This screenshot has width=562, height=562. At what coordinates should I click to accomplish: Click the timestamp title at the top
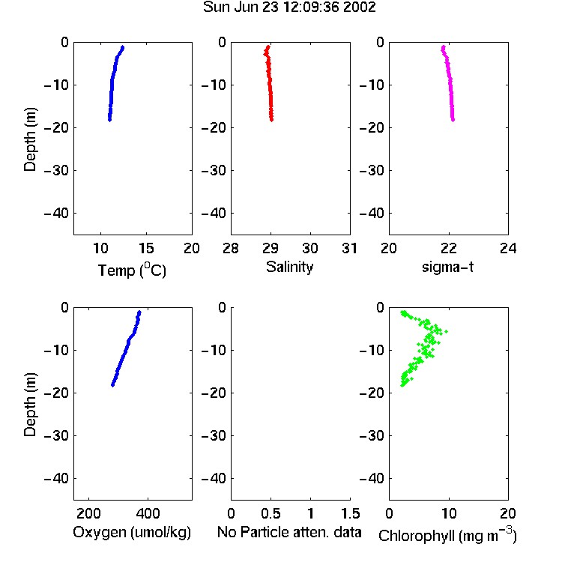pyautogui.click(x=289, y=7)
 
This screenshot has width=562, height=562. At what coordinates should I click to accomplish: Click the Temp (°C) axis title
pyautogui.click(x=132, y=270)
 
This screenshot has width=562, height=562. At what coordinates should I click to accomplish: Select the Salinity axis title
pyautogui.click(x=289, y=267)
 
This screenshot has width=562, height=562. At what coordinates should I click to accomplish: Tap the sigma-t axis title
pyautogui.click(x=447, y=267)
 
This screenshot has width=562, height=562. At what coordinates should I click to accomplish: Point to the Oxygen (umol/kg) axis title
pyautogui.click(x=132, y=533)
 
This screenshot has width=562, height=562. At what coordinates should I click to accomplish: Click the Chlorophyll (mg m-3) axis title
pyautogui.click(x=447, y=535)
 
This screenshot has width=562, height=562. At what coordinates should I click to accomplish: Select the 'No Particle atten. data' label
pyautogui.click(x=289, y=532)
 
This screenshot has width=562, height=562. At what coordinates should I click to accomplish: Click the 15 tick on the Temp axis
pyautogui.click(x=146, y=248)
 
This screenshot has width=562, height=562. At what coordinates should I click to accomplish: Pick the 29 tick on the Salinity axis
pyautogui.click(x=271, y=248)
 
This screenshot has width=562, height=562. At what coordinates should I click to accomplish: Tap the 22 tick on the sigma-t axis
pyautogui.click(x=448, y=248)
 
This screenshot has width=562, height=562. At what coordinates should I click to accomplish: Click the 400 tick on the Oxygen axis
pyautogui.click(x=148, y=513)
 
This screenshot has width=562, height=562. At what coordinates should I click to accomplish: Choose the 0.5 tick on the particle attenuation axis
pyautogui.click(x=271, y=513)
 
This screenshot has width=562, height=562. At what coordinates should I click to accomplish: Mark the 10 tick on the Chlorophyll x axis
pyautogui.click(x=448, y=513)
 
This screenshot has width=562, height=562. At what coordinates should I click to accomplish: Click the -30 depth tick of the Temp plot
pyautogui.click(x=56, y=170)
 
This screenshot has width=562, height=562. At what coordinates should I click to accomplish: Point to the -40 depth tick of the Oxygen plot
pyautogui.click(x=56, y=478)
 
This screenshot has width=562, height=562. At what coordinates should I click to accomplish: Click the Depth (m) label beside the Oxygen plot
pyautogui.click(x=30, y=405)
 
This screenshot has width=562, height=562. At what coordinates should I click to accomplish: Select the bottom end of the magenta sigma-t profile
pyautogui.click(x=453, y=120)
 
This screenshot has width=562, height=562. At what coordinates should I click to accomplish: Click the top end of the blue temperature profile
pyautogui.click(x=123, y=47)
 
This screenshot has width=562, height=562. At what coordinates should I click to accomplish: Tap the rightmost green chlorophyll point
pyautogui.click(x=447, y=331)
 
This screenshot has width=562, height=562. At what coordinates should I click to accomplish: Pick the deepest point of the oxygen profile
pyautogui.click(x=112, y=385)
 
